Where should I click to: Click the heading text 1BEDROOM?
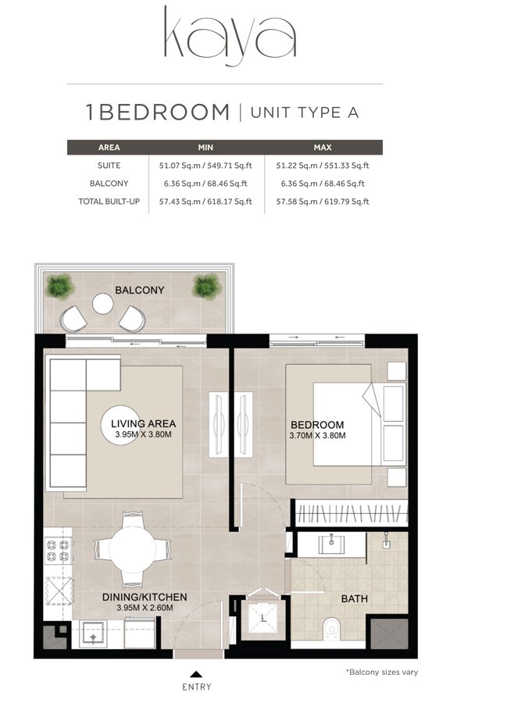pyautogui.click(x=157, y=112)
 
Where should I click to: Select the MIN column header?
pyautogui.click(x=206, y=147)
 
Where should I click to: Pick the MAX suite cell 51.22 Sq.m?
pyautogui.click(x=322, y=165)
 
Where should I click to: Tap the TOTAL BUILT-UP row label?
pyautogui.click(x=109, y=201)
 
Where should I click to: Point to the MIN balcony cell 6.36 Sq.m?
pyautogui.click(x=206, y=183)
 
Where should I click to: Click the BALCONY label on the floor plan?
pyautogui.click(x=140, y=290)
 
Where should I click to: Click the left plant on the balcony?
pyautogui.click(x=59, y=284)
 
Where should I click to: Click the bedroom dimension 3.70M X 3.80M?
pyautogui.click(x=318, y=435)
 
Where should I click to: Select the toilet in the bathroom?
pyautogui.click(x=331, y=626)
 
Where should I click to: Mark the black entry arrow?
pyautogui.click(x=196, y=673)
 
